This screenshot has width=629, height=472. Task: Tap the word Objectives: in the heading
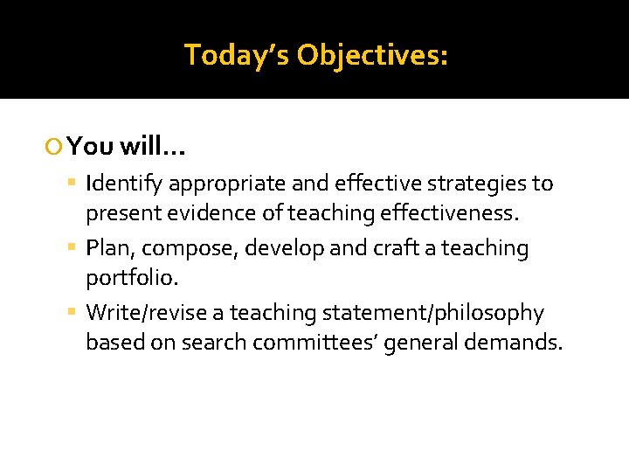point(372,55)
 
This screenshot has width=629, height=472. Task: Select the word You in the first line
point(91,146)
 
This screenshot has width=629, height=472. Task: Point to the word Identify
point(125,184)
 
